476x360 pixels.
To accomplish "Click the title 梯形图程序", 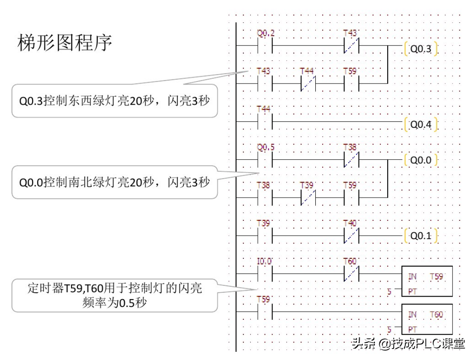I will click(65, 43).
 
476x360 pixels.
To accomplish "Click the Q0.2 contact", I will click(265, 45).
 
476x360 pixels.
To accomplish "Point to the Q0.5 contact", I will click(265, 159).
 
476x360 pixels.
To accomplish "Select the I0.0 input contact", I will click(265, 273).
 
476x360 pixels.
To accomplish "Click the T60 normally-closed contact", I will click(351, 273).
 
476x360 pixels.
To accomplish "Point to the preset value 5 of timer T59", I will click(389, 292).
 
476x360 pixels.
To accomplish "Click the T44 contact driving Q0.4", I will click(265, 121).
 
